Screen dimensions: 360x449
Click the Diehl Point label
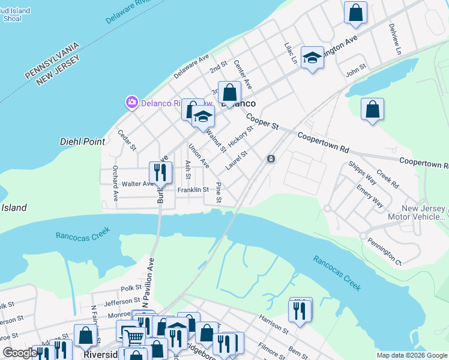click(82, 142)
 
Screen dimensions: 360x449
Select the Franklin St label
click(193, 190)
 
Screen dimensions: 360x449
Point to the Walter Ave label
click(137, 184)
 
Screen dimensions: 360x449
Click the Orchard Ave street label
click(115, 184)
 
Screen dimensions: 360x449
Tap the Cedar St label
click(127, 140)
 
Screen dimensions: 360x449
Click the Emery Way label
click(370, 196)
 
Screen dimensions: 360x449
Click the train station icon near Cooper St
click(271, 158)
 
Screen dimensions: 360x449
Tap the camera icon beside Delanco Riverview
click(131, 103)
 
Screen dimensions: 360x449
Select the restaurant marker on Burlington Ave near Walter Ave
click(160, 173)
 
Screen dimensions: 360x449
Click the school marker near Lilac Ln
click(312, 58)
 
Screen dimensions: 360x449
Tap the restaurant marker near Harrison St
click(300, 310)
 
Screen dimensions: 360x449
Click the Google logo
click(20, 353)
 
